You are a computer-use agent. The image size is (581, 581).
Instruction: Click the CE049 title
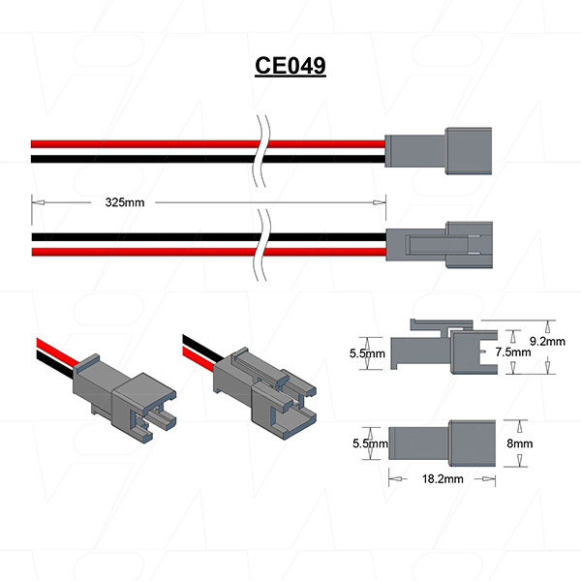pos(290,66)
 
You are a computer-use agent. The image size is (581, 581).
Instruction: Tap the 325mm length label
pos(126,203)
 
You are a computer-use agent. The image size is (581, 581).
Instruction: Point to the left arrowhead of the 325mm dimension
pos(37,203)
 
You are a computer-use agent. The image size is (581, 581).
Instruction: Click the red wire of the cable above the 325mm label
pos(145,141)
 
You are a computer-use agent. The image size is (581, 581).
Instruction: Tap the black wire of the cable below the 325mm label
pos(145,236)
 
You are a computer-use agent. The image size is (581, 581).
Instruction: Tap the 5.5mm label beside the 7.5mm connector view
pos(367,354)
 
